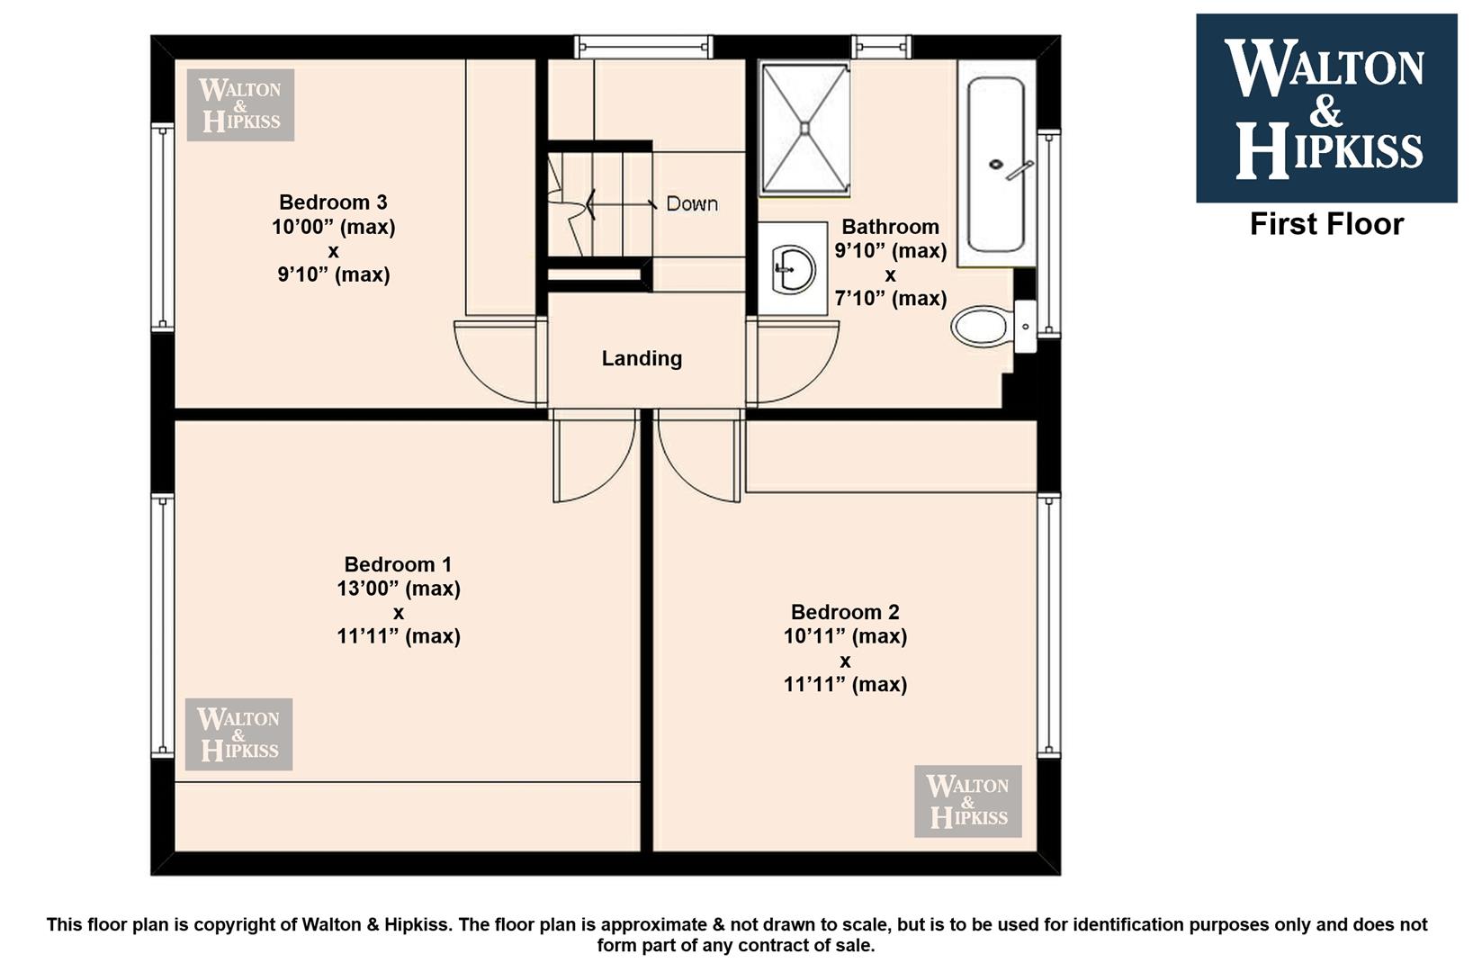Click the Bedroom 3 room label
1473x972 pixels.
click(x=333, y=202)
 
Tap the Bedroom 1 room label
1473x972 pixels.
click(x=398, y=564)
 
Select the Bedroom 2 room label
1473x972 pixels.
click(x=845, y=612)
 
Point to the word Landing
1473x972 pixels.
click(x=642, y=358)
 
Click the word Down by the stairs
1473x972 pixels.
click(x=692, y=204)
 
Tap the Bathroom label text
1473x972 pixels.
click(x=891, y=227)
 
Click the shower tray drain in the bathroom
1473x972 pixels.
click(x=804, y=129)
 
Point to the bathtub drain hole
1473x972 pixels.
click(x=996, y=165)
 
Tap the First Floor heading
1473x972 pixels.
click(x=1326, y=224)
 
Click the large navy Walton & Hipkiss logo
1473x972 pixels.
click(x=1326, y=108)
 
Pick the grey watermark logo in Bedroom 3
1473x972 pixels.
click(x=240, y=105)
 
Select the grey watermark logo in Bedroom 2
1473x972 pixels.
click(x=968, y=801)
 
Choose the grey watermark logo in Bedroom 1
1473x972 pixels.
click(x=238, y=733)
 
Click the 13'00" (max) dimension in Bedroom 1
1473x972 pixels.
click(x=399, y=589)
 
